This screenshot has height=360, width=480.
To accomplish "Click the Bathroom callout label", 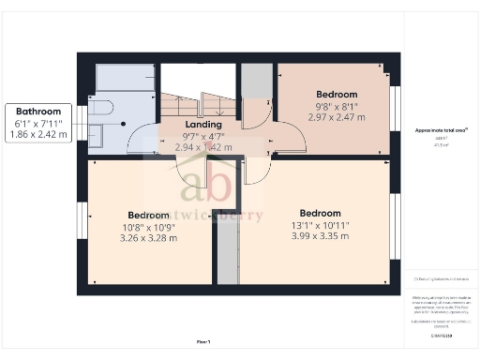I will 37,111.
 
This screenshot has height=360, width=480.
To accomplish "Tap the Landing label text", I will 203,124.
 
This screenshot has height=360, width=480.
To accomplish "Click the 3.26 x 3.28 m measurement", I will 148,238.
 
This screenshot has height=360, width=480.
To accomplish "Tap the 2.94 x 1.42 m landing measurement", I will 203,147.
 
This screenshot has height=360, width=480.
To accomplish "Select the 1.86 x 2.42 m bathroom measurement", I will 37,135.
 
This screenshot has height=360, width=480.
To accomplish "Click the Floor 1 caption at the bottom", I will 202,341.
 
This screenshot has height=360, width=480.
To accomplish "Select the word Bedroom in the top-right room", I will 337,94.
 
